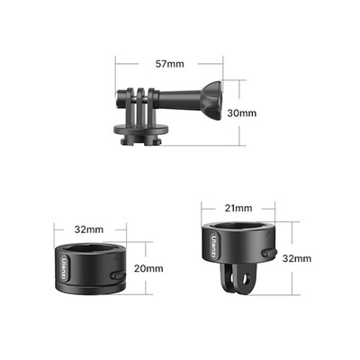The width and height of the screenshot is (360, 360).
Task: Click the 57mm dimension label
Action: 169,64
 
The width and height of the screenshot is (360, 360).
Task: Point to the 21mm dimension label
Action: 239,208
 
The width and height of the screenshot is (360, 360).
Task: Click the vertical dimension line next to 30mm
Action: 239,112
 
